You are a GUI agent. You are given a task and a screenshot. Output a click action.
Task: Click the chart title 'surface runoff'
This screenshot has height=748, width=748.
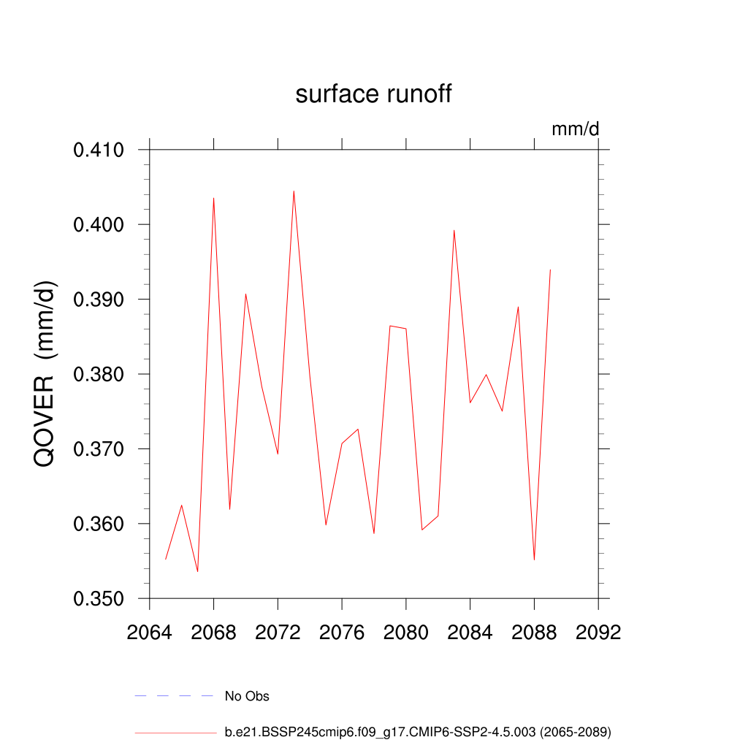coord(373,94)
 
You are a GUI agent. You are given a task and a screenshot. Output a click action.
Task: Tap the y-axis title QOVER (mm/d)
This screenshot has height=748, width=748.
coord(45,374)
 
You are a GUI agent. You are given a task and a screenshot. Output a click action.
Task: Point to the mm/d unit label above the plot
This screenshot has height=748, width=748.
coord(575,129)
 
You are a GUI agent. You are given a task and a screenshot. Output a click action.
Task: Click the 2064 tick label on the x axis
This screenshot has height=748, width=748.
coord(149,632)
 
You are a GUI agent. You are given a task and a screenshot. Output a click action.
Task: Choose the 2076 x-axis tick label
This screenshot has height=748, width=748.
coord(342,632)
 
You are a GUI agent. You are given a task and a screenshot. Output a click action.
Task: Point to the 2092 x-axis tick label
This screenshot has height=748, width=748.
coord(598,632)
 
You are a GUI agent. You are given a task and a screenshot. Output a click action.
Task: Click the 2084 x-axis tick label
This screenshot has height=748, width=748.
coord(470,632)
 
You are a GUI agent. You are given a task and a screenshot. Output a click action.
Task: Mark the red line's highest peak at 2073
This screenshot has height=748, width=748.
coord(294,191)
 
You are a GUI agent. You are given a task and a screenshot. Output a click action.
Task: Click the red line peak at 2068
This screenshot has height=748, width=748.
coord(213,198)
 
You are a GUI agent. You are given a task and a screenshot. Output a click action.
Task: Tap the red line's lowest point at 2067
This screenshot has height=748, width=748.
coord(197,571)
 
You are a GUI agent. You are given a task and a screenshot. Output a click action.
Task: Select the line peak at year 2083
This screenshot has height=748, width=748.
coord(454,230)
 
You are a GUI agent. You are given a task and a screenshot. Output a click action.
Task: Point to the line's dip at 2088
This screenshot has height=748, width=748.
coord(535,559)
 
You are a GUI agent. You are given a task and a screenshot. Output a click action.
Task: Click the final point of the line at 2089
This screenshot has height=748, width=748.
coord(550,270)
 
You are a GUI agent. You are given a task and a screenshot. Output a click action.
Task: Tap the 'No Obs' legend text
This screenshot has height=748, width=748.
coord(247,696)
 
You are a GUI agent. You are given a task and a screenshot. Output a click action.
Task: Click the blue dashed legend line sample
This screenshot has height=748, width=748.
coord(174,696)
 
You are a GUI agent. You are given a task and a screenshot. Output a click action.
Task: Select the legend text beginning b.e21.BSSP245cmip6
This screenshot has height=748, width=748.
coord(417,731)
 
